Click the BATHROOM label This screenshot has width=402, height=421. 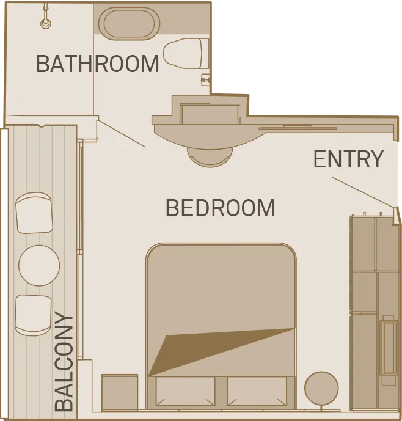point(98,63)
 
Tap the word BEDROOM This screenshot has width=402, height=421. point(220,208)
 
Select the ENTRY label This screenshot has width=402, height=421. point(348,159)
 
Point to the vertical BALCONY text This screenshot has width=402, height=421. point(64,362)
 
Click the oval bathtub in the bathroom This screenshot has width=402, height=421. point(129,24)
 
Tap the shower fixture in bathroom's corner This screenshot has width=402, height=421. point(45,23)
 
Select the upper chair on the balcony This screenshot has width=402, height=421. point(34,213)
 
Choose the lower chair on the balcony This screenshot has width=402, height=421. point(33,315)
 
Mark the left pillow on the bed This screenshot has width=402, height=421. point(185,391)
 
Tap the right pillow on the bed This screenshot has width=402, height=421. point(257,391)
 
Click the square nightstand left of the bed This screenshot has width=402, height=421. point(120,392)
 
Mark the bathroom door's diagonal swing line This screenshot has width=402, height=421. point(120,133)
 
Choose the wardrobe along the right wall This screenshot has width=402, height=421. point(374,312)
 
